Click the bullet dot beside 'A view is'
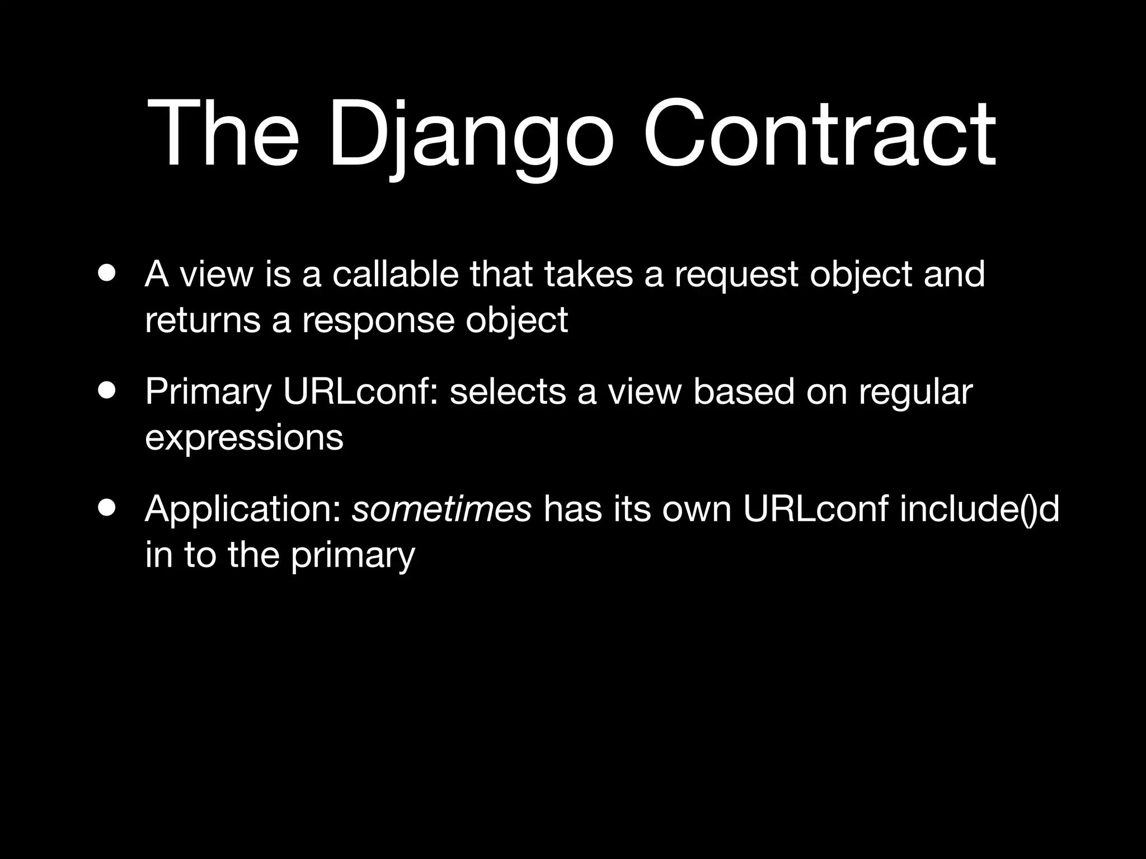tap(106, 273)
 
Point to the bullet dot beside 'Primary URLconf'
tap(106, 390)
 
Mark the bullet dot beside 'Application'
tap(106, 508)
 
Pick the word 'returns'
tap(203, 320)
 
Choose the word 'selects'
tap(507, 391)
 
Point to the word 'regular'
tap(916, 393)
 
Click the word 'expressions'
tap(244, 437)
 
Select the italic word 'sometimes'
tap(442, 509)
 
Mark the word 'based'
tap(744, 391)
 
